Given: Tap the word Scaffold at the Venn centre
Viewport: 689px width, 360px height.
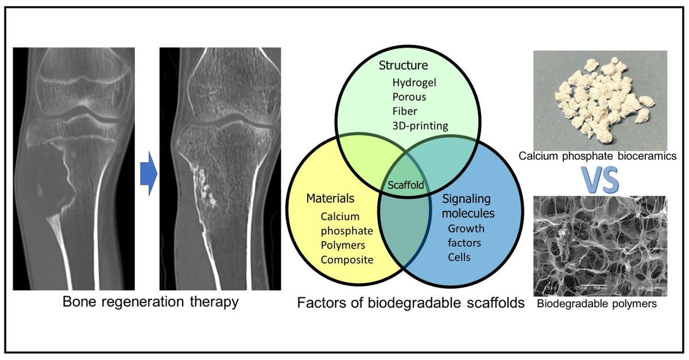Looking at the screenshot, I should pyautogui.click(x=406, y=185).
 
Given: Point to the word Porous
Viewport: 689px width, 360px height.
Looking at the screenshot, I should pyautogui.click(x=409, y=96).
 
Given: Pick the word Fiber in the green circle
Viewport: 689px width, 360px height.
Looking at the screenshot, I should pyautogui.click(x=405, y=111).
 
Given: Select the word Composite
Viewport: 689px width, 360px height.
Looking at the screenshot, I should pyautogui.click(x=347, y=260).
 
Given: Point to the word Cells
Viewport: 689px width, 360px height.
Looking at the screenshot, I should pyautogui.click(x=459, y=257).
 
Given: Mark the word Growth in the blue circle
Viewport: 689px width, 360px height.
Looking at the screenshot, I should pyautogui.click(x=466, y=229).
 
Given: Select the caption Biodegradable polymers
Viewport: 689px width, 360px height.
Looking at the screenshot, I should pyautogui.click(x=597, y=304).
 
